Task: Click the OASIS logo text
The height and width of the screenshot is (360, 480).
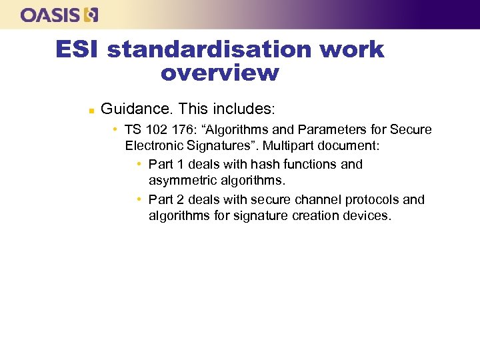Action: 51,15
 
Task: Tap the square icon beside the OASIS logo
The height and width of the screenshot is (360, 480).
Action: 91,15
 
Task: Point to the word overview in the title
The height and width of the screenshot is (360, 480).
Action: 219,73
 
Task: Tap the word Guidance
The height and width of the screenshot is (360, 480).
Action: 137,108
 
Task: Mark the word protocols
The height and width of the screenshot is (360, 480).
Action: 373,199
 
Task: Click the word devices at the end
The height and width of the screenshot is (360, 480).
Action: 367,216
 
